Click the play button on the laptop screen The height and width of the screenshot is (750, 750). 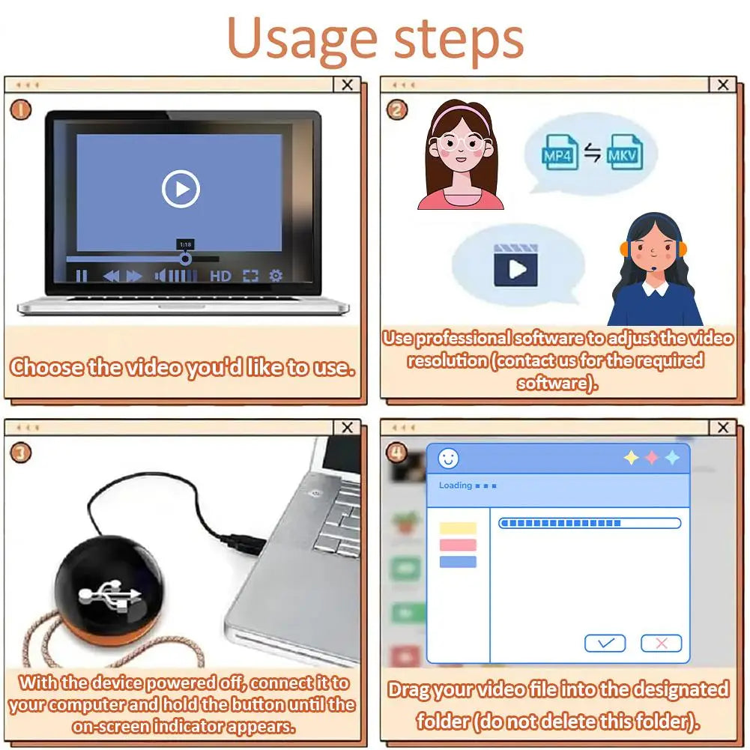tap(181, 189)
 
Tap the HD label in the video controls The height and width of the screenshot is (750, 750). tap(220, 276)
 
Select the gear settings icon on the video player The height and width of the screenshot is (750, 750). tap(276, 276)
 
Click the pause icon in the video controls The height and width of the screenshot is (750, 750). tap(82, 276)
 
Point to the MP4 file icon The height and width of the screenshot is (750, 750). tap(560, 153)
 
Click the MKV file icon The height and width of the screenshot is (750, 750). tap(624, 153)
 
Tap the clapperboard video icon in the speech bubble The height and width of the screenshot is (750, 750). tap(515, 265)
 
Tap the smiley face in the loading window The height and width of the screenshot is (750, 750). tap(448, 459)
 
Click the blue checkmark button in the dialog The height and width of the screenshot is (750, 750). tap(605, 643)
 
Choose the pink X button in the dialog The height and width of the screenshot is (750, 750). tap(661, 643)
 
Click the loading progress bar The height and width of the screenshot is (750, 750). tap(590, 523)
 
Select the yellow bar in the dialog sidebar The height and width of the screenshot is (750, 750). tap(458, 528)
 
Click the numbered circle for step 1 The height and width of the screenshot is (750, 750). tap(21, 110)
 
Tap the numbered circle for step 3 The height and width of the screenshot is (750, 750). tap(21, 453)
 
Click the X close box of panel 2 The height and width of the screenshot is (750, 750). tap(723, 85)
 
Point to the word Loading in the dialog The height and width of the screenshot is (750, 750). tap(456, 486)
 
